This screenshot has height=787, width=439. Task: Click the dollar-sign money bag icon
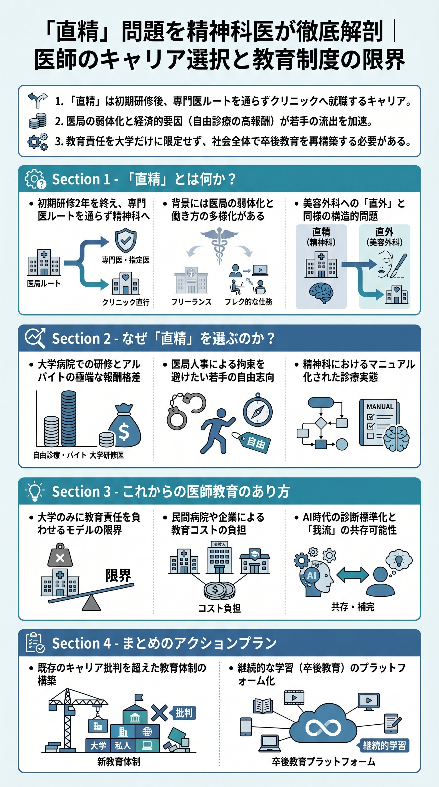[x=124, y=426]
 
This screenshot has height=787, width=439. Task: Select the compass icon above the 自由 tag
[x=258, y=411]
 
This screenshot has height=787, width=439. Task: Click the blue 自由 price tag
[x=255, y=442]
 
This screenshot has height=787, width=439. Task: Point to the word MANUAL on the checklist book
[x=380, y=407]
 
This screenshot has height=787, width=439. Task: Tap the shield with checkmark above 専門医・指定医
[x=125, y=240]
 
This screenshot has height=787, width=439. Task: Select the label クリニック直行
[x=125, y=302]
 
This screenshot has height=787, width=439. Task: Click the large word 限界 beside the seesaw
[x=118, y=575]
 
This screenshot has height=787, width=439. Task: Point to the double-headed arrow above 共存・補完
[x=352, y=575]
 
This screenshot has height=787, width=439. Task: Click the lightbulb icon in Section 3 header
[x=35, y=491]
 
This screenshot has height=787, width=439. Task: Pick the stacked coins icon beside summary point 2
[x=37, y=121]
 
